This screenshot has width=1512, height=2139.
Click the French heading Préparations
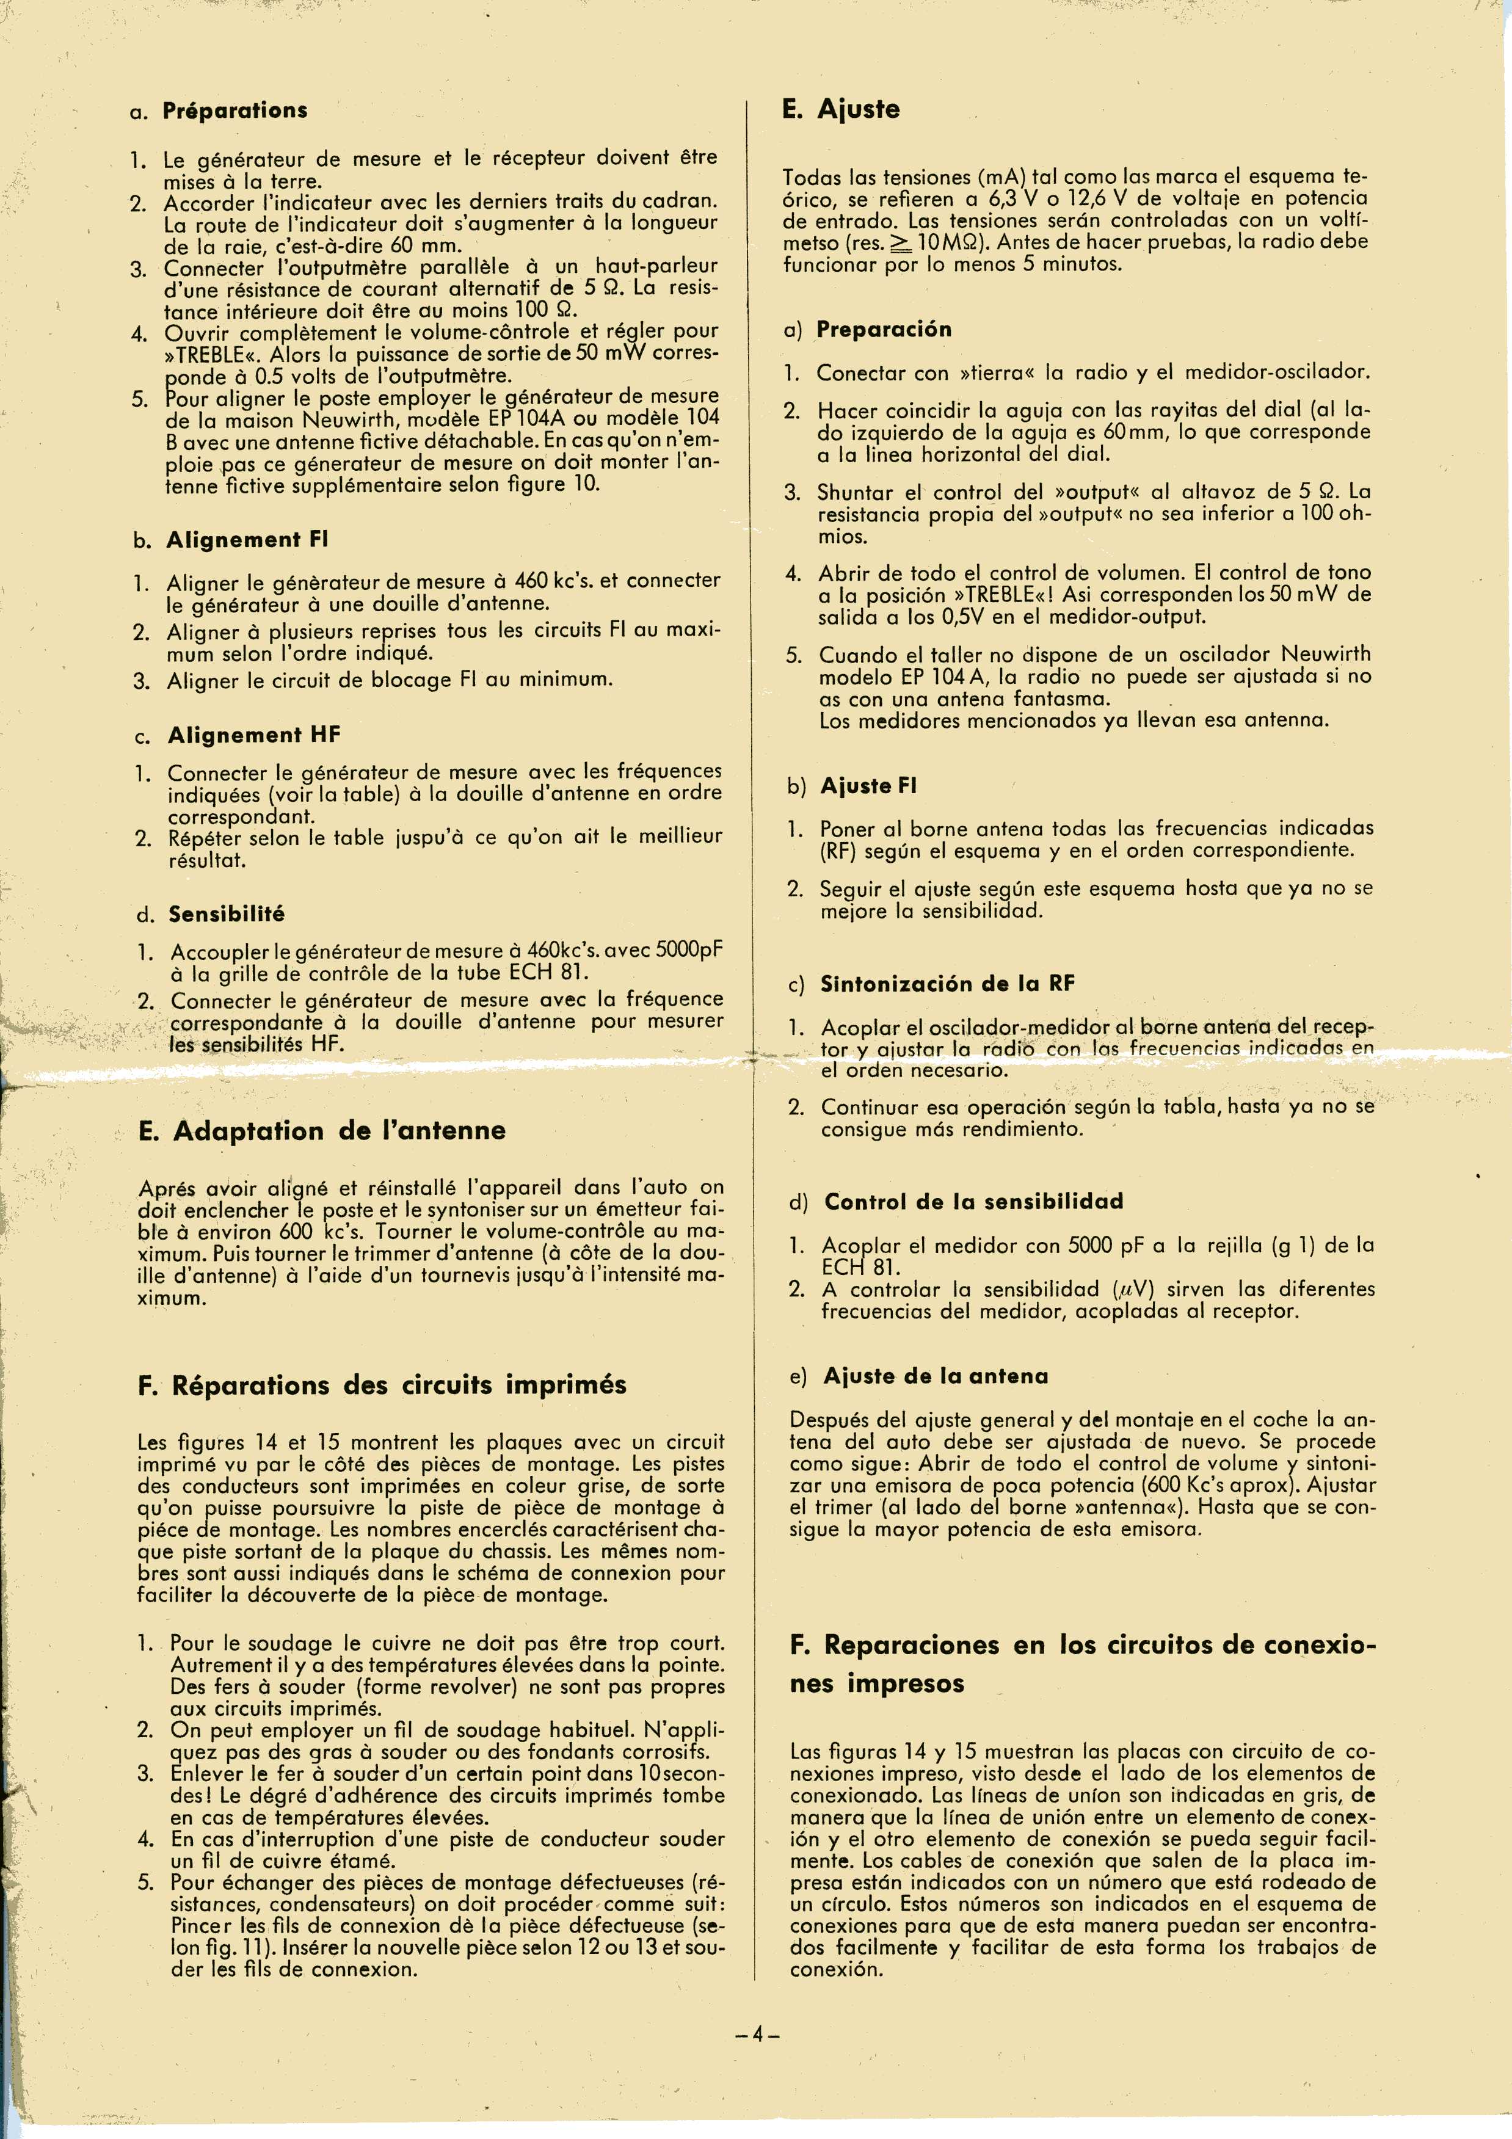234,111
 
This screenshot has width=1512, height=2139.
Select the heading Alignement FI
247,540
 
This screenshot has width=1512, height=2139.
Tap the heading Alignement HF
253,736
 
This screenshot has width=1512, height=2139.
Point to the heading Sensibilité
227,914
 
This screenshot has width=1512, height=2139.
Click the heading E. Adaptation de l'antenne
321,1131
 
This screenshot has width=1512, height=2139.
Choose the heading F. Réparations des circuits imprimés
382,1385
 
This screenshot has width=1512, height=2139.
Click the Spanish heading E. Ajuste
841,110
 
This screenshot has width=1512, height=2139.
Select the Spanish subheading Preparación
884,330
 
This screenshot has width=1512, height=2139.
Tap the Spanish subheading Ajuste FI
868,786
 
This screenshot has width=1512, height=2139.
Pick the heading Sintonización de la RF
948,984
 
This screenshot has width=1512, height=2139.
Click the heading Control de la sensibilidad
973,1202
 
